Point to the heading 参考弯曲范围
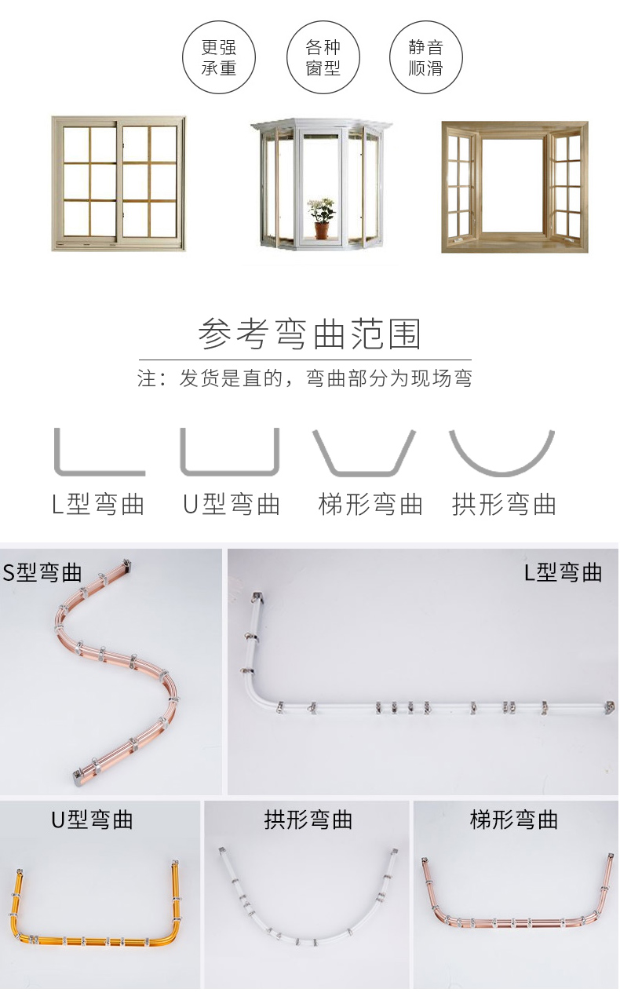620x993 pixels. (309, 334)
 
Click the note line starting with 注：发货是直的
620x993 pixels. (305, 378)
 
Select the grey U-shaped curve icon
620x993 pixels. (230, 473)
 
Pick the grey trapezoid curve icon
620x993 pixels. (363, 473)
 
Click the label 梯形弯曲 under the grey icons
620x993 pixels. (370, 504)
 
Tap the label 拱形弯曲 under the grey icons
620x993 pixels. (504, 504)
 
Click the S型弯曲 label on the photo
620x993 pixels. (42, 572)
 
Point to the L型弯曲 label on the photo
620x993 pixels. (563, 572)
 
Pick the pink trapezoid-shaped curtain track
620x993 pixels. (514, 923)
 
